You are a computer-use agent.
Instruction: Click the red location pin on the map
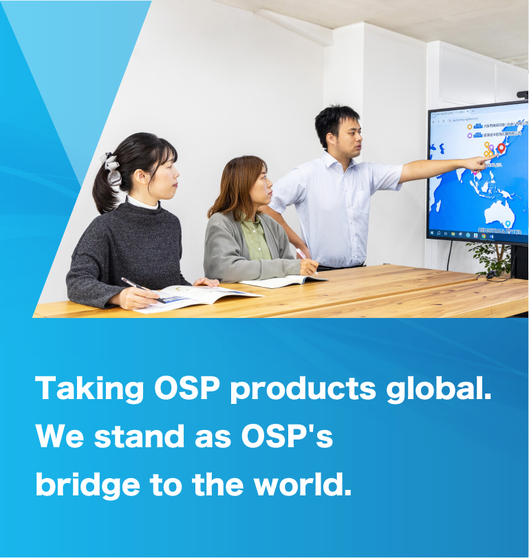click(x=501, y=147)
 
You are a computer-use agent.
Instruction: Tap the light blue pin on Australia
click(x=508, y=224)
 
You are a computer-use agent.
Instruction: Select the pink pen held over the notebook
click(x=302, y=255)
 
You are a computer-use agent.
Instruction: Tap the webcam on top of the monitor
click(x=523, y=94)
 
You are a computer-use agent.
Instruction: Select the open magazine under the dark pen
click(x=193, y=297)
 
